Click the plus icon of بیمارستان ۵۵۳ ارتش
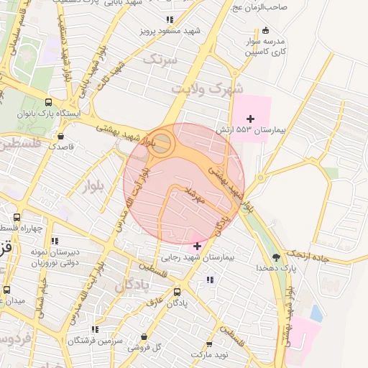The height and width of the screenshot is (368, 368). [x=251, y=119]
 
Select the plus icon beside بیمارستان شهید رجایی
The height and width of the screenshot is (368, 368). [x=197, y=246]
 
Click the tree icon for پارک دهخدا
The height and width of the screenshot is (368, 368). [x=277, y=257]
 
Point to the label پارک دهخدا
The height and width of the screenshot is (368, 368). [x=276, y=267]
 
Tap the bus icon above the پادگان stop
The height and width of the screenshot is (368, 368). [x=178, y=292]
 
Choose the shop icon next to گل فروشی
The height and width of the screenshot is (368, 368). [x=144, y=336]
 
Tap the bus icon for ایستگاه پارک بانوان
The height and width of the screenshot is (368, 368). [x=48, y=102]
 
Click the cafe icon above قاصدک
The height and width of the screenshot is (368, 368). [x=60, y=134]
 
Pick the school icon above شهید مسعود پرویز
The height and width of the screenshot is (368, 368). [x=169, y=20]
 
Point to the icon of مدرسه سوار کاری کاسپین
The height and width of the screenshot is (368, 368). [x=266, y=29]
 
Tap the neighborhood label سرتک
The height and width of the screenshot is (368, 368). [x=160, y=60]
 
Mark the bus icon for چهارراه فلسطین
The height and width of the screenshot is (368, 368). [x=17, y=217]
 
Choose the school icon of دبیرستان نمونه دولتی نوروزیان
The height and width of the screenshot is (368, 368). [x=55, y=241]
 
